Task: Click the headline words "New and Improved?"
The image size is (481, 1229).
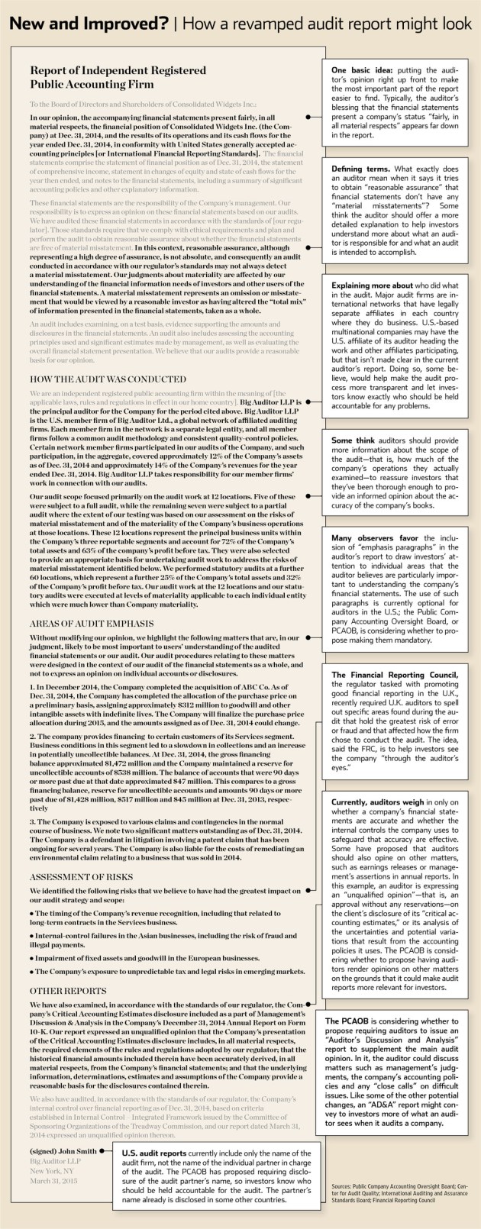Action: point(86,24)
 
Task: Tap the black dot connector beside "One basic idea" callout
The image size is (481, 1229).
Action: point(307,118)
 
